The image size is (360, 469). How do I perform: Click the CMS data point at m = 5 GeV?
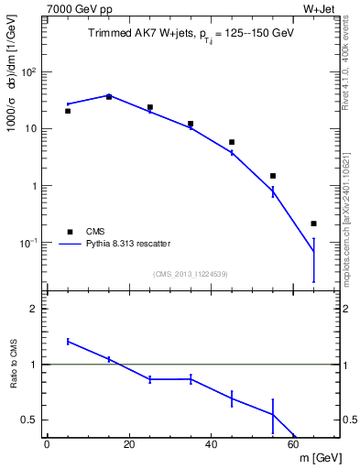[x=68, y=111]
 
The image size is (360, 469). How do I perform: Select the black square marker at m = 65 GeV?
[x=313, y=224]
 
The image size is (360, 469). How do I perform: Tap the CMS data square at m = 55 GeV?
[x=273, y=176]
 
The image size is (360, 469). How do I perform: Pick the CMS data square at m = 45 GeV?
[x=232, y=142]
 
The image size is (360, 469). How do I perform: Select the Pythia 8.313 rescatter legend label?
[x=126, y=244]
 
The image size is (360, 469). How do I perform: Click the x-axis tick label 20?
[x=128, y=445]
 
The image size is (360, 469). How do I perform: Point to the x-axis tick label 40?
[x=211, y=445]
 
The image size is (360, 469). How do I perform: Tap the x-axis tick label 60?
[x=293, y=445]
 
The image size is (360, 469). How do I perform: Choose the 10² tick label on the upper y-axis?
[x=32, y=71]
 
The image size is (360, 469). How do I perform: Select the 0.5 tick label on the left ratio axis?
[x=30, y=420]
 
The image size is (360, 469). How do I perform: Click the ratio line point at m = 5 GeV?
[x=68, y=341]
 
